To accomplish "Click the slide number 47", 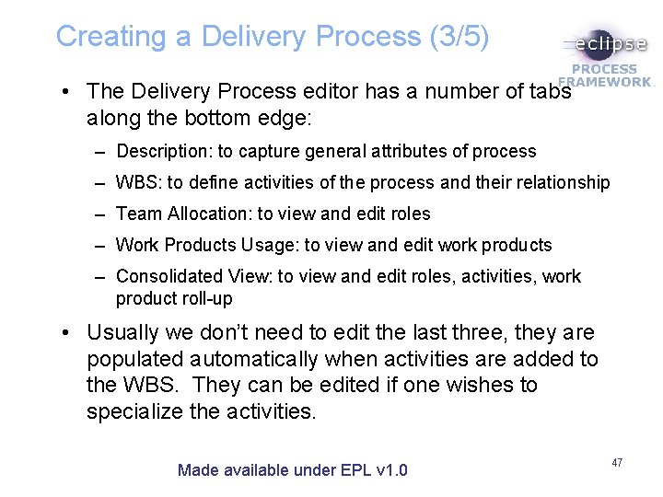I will (x=617, y=462).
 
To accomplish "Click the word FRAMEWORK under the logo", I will (x=607, y=81).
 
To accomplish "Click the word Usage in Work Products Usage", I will (x=268, y=245).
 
